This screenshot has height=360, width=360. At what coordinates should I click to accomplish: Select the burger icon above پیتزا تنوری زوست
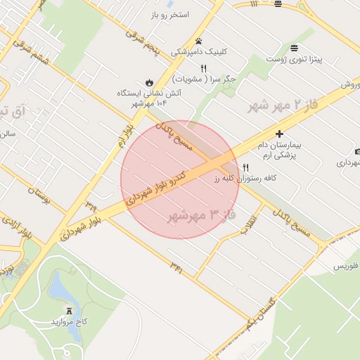point(293,48)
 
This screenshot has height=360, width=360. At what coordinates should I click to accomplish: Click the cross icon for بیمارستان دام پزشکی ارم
point(279,134)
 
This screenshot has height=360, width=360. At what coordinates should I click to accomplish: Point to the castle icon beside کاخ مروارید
point(69,311)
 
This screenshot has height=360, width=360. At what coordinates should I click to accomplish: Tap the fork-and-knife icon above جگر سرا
point(203,69)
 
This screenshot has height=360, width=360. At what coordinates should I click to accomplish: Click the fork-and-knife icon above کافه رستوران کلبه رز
point(245,167)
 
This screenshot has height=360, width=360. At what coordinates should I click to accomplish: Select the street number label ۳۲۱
point(176,266)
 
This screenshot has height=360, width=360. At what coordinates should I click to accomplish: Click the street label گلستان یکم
point(263,312)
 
